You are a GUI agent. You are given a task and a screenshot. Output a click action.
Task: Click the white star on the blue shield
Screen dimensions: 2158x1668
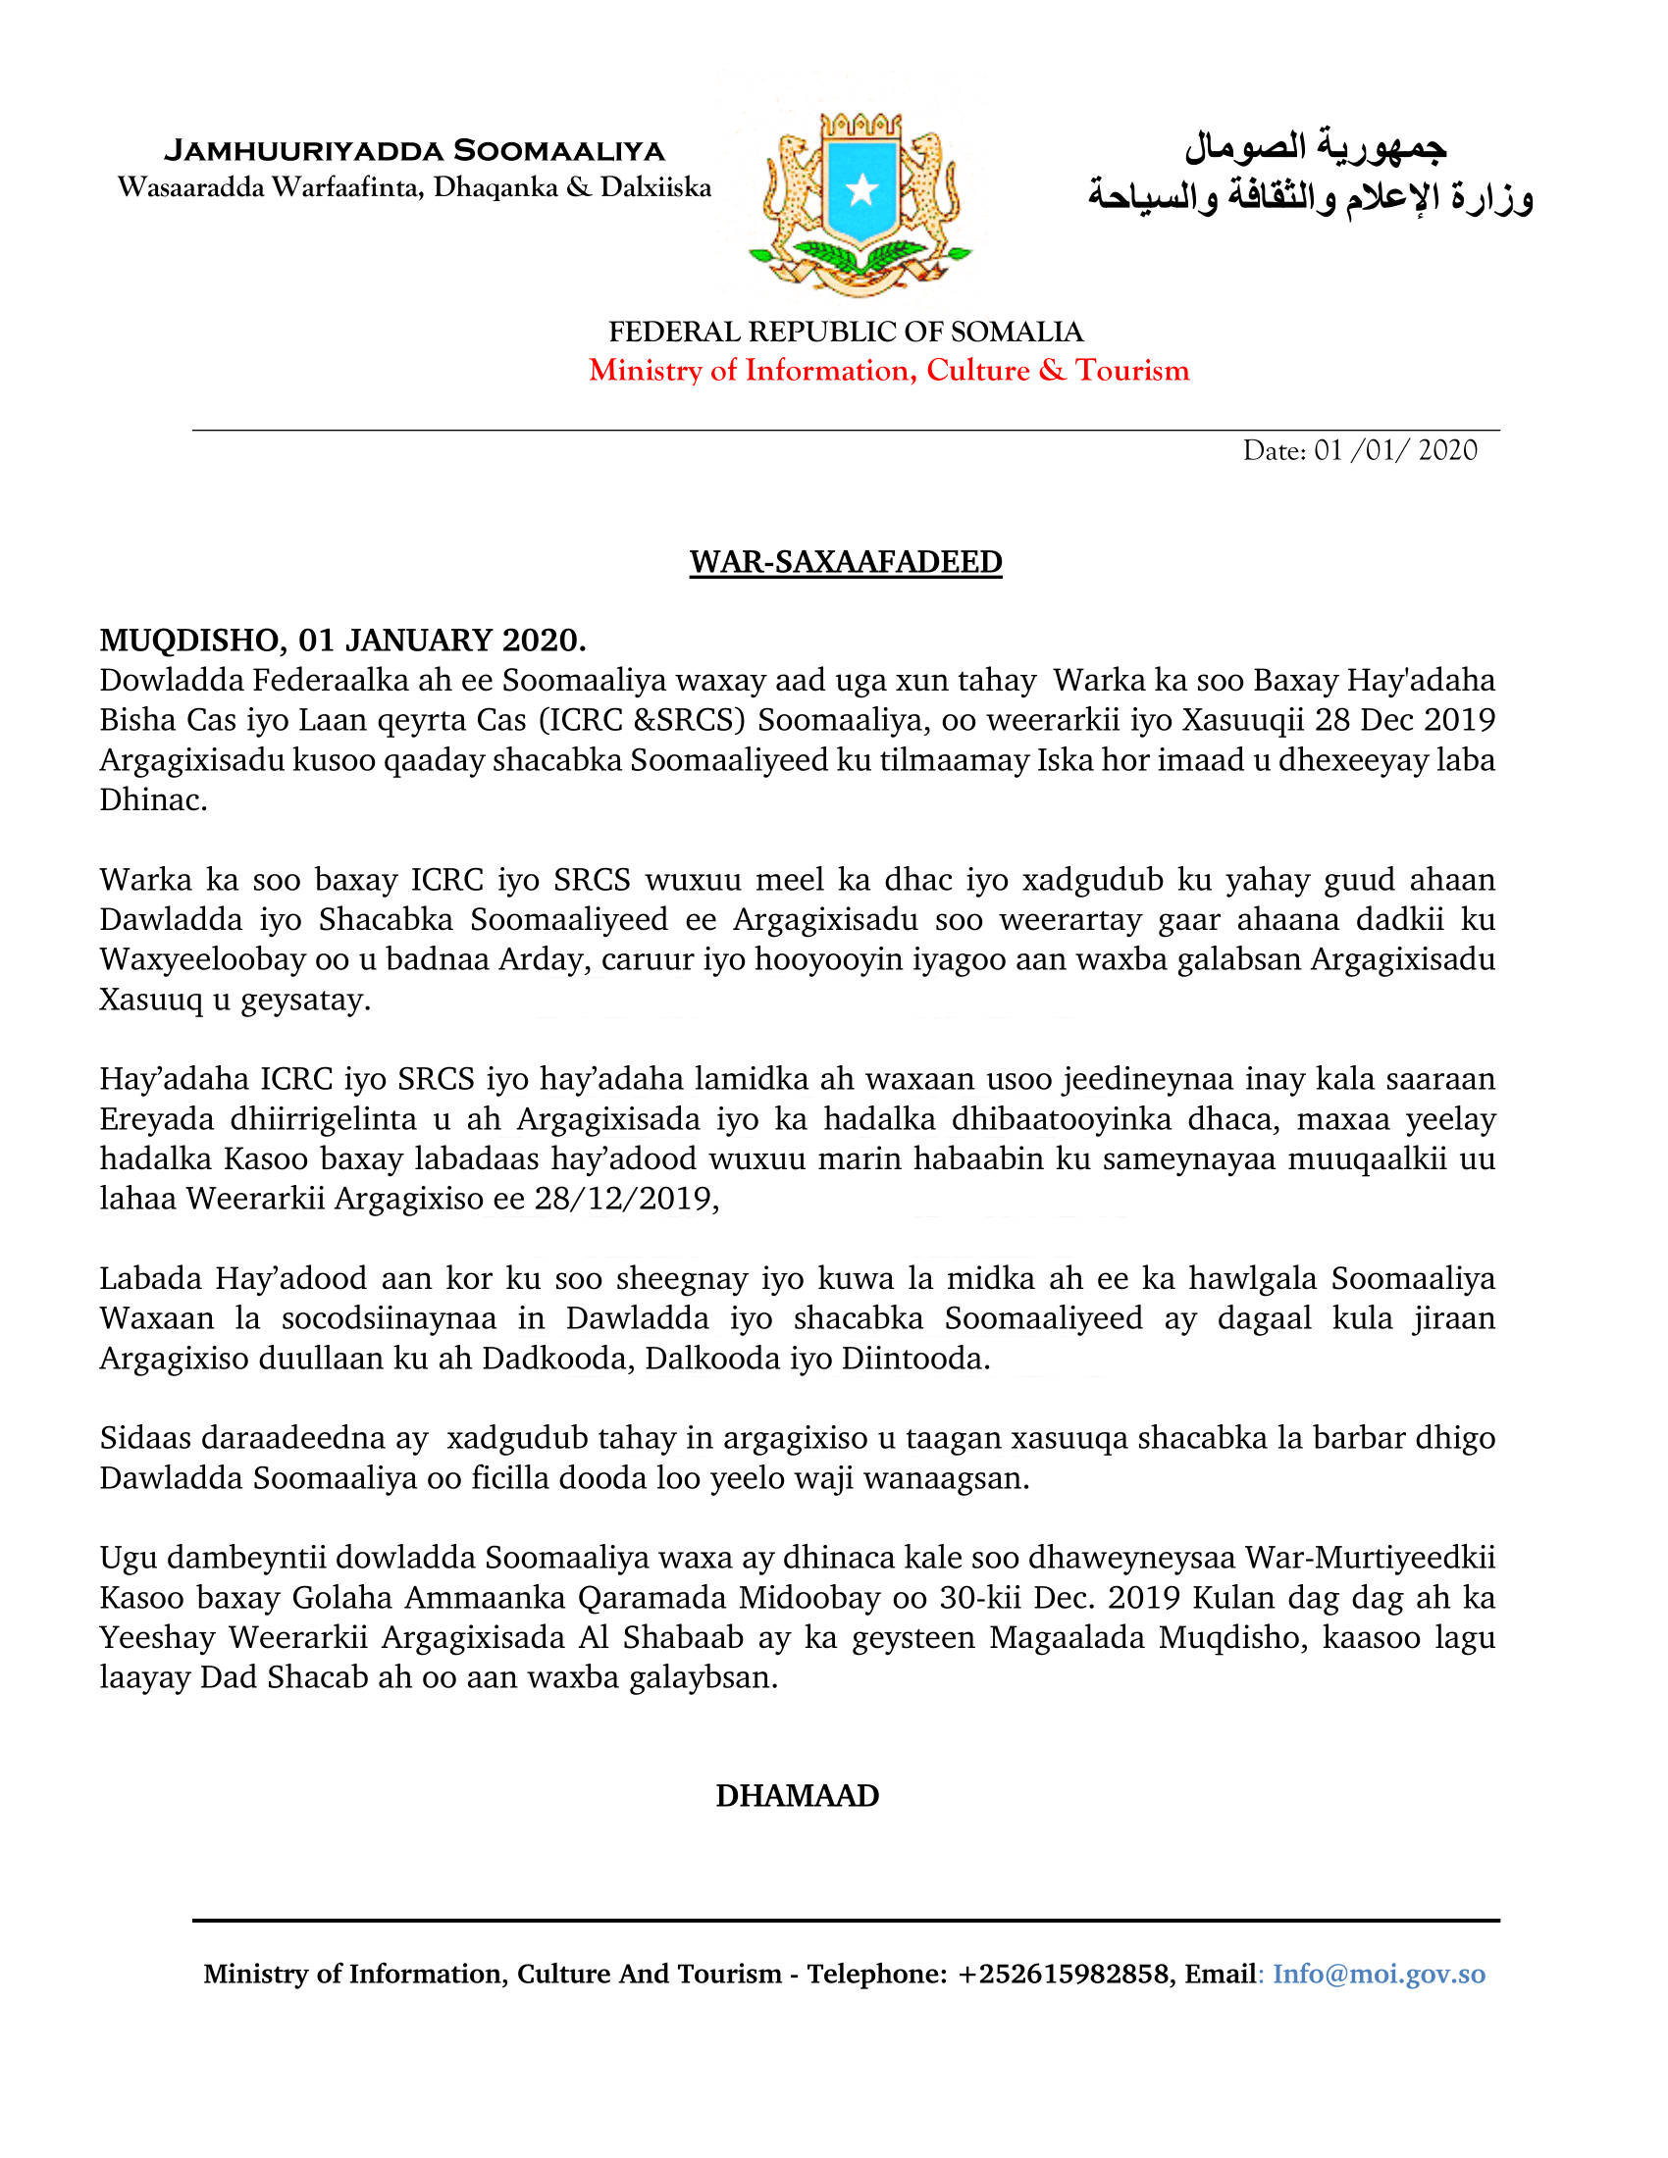coord(861,188)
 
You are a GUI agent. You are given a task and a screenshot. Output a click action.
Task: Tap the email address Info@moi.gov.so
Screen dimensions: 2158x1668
coord(1379,1974)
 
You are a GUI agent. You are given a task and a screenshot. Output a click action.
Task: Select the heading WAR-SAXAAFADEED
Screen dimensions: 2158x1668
coord(846,561)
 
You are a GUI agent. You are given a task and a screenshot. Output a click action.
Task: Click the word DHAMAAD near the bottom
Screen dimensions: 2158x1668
coord(798,1795)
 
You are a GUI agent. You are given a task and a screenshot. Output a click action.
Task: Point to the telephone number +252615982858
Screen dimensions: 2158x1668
coord(1064,1974)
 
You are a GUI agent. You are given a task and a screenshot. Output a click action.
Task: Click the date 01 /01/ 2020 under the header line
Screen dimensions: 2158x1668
coord(1395,450)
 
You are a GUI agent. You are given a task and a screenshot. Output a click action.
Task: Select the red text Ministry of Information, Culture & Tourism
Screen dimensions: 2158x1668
coord(889,370)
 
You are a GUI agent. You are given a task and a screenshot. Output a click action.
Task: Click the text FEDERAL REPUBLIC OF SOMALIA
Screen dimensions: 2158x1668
coord(846,331)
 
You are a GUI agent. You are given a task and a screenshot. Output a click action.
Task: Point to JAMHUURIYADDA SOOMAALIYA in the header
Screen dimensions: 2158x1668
coord(414,150)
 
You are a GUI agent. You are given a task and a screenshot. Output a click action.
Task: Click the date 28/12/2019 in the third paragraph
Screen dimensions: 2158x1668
coord(622,1199)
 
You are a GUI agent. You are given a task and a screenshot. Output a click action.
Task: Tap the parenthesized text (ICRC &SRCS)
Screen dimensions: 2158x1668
coord(642,720)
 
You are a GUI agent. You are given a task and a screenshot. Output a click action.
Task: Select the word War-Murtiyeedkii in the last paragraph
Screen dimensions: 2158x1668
coord(1370,1558)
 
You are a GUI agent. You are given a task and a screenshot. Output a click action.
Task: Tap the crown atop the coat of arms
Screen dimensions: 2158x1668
coord(861,125)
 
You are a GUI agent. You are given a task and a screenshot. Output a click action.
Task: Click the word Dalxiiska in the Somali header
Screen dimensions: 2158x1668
coord(655,187)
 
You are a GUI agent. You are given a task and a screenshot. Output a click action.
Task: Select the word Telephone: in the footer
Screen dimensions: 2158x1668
coord(877,1974)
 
